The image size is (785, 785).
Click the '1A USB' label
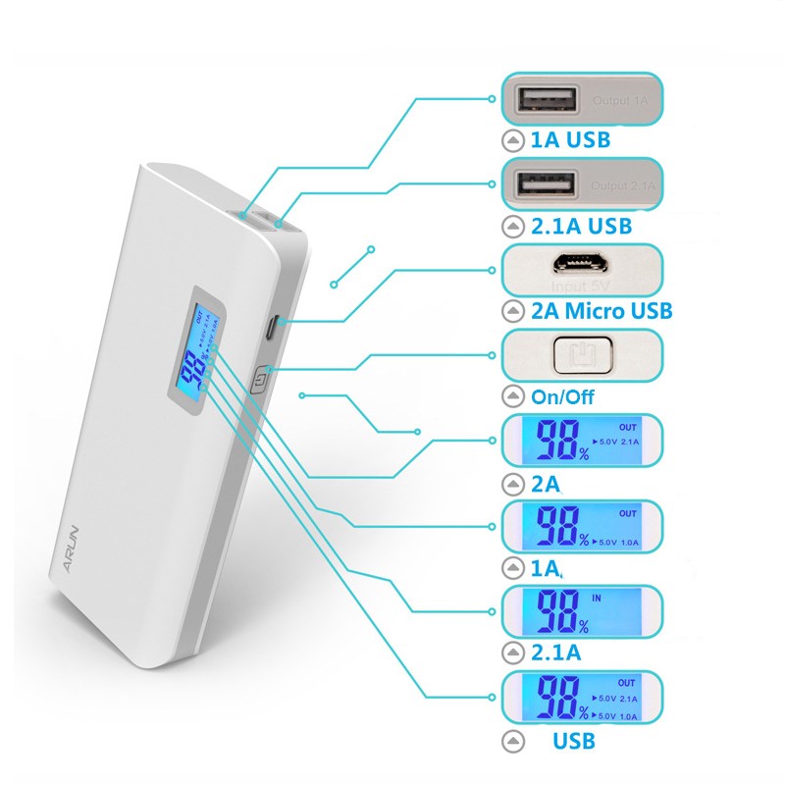pos(569,139)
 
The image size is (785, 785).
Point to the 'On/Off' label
pos(562,397)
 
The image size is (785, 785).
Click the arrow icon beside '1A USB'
pos(511,139)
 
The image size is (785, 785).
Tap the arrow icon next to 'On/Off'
pos(511,397)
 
